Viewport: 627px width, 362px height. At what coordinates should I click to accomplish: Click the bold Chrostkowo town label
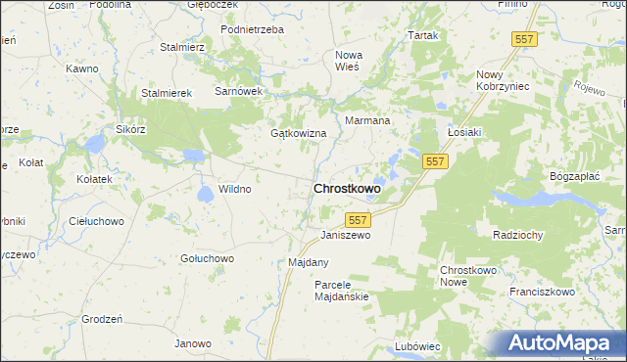(347, 188)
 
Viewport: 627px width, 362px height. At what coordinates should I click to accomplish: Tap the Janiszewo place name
(347, 236)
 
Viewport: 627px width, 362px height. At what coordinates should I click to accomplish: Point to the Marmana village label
(367, 121)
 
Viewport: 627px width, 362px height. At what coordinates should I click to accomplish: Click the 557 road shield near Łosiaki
(436, 160)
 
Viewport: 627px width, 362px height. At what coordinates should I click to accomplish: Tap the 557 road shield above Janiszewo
(359, 221)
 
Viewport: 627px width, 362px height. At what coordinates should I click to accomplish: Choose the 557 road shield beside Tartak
(524, 38)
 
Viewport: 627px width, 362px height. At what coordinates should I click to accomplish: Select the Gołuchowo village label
(207, 258)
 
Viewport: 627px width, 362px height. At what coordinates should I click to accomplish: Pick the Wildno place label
(235, 189)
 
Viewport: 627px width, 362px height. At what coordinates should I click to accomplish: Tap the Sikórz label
(130, 129)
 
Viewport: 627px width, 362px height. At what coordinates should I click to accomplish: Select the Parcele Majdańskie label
(340, 291)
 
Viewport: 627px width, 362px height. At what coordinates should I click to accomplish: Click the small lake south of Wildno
(207, 194)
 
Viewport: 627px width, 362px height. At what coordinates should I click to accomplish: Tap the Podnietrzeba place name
(252, 30)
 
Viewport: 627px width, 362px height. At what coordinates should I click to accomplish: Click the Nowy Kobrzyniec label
(503, 80)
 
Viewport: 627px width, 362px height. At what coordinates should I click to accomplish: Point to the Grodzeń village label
(102, 320)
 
